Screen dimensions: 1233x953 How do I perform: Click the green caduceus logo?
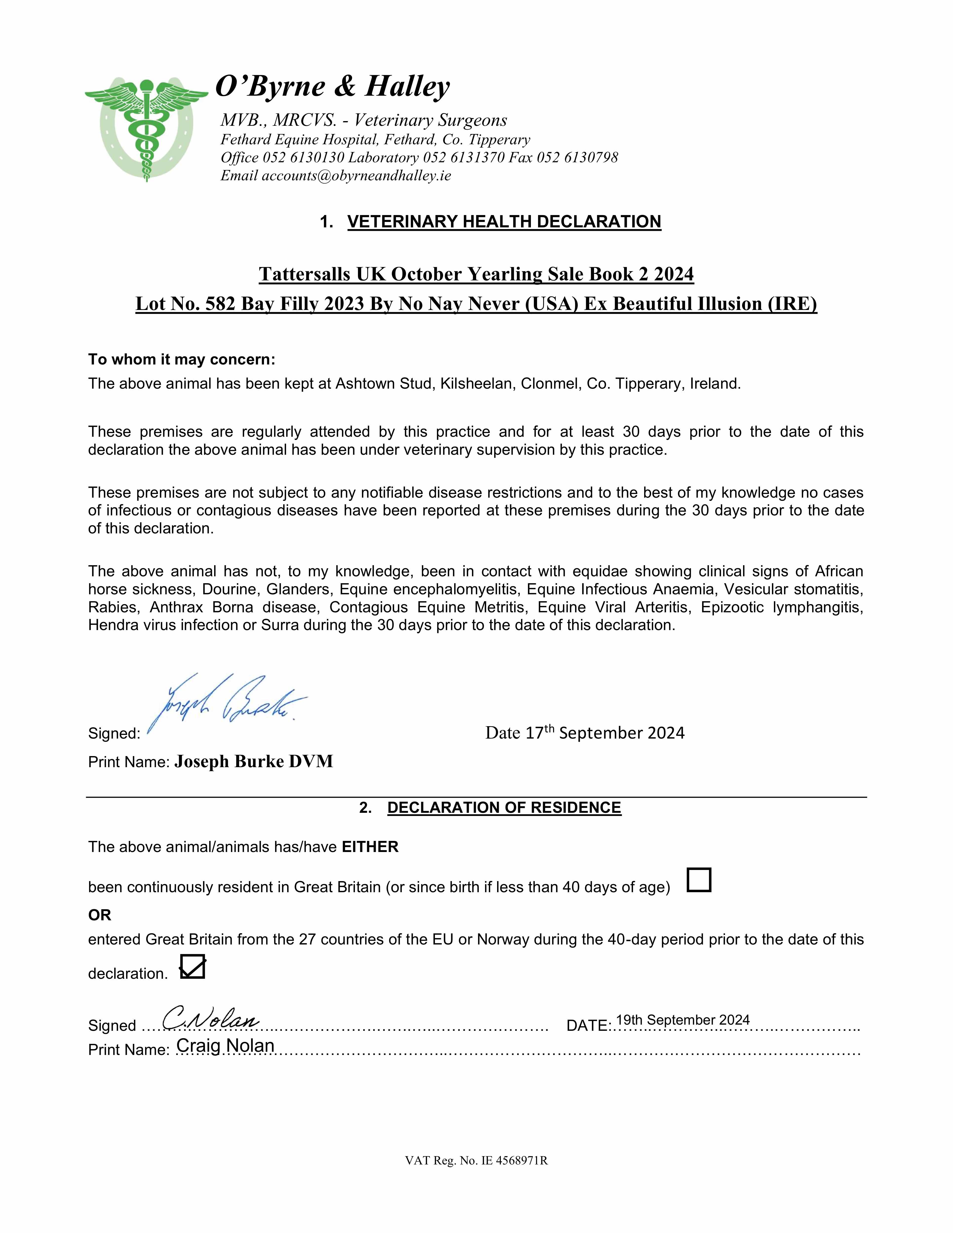146,129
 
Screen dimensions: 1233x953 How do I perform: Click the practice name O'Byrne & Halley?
333,86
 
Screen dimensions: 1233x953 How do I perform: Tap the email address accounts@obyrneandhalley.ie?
356,176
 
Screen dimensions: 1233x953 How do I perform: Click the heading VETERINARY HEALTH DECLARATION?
504,221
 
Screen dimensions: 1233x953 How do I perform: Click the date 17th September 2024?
585,733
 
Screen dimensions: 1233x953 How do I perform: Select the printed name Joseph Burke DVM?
254,762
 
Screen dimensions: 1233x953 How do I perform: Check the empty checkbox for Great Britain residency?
699,880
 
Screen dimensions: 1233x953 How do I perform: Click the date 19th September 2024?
682,1020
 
